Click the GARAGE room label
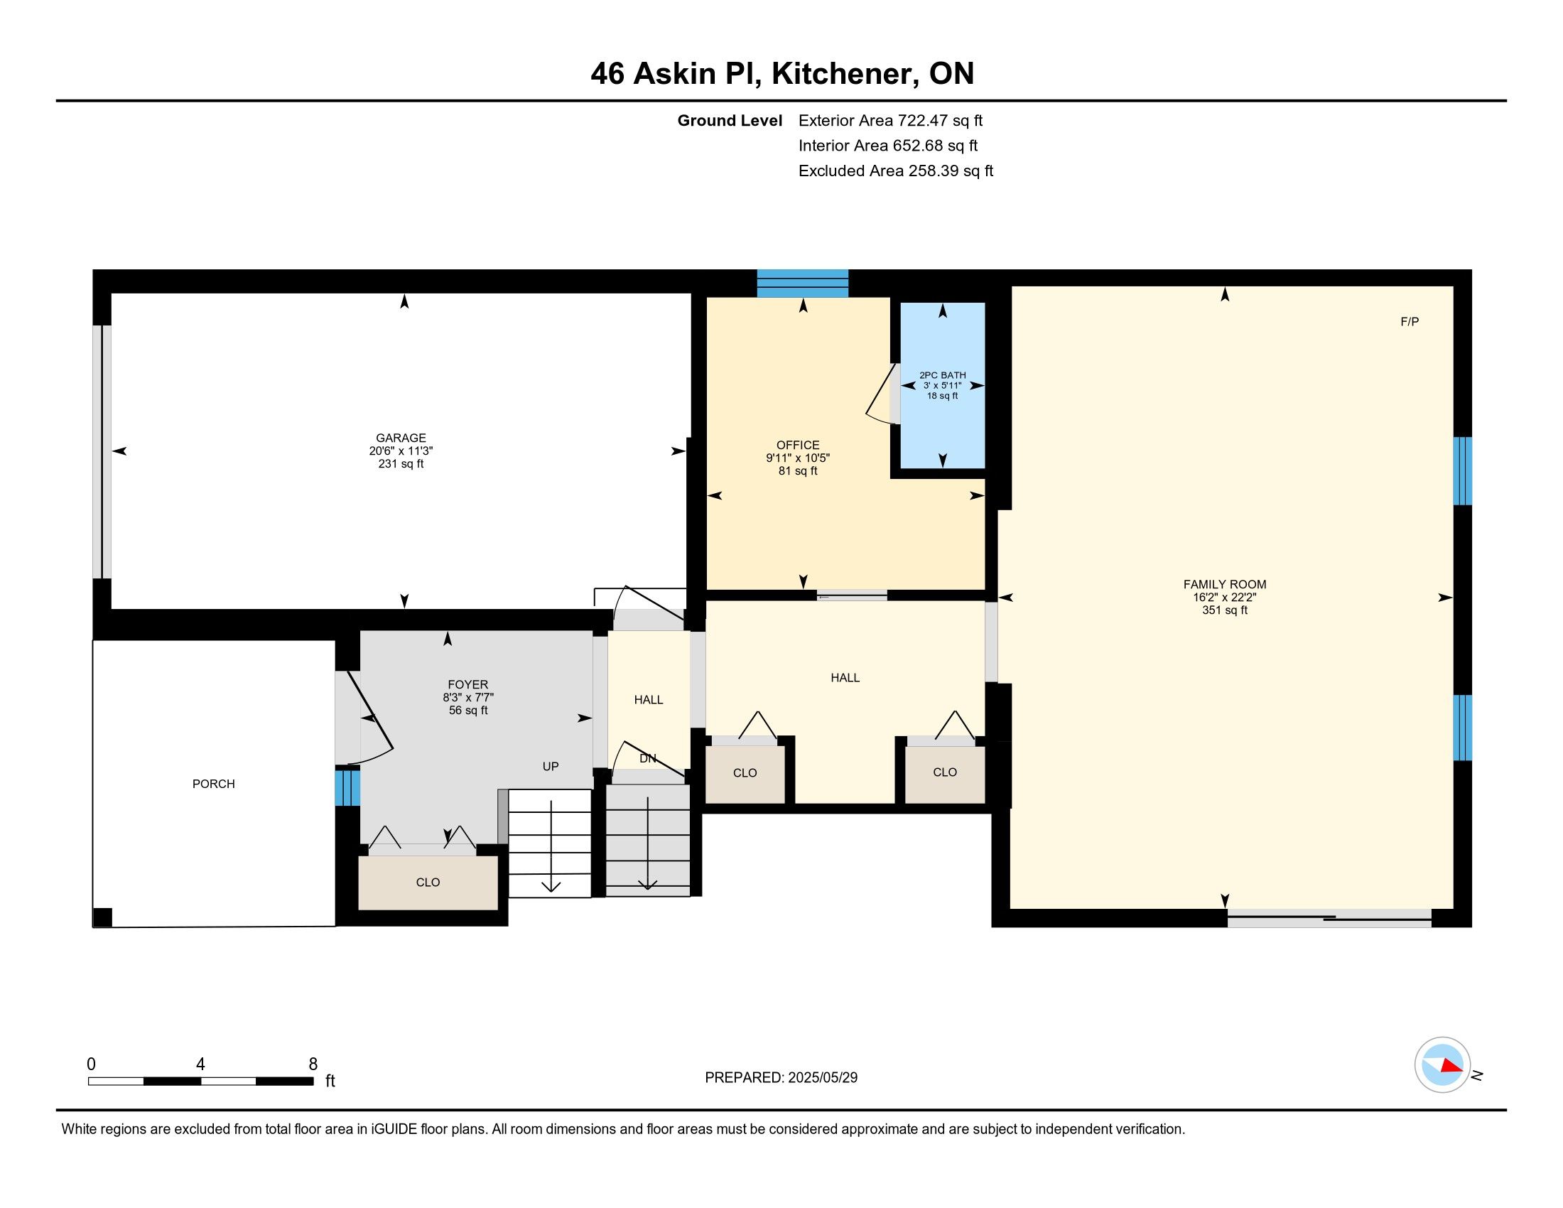click(401, 438)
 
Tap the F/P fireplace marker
click(1409, 322)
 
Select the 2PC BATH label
click(943, 375)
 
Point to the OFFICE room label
click(798, 445)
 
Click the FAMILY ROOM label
click(1225, 584)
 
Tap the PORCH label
click(213, 784)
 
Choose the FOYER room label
click(468, 685)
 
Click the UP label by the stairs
click(551, 767)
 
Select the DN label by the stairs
click(648, 759)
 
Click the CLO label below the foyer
click(428, 883)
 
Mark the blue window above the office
click(803, 284)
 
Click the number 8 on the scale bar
click(313, 1064)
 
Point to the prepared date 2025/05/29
click(822, 1077)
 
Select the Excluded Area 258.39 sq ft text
click(896, 171)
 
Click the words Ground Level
click(730, 121)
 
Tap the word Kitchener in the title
click(845, 74)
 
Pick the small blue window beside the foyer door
click(347, 787)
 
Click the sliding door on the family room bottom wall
click(1329, 918)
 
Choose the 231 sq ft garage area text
click(401, 464)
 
